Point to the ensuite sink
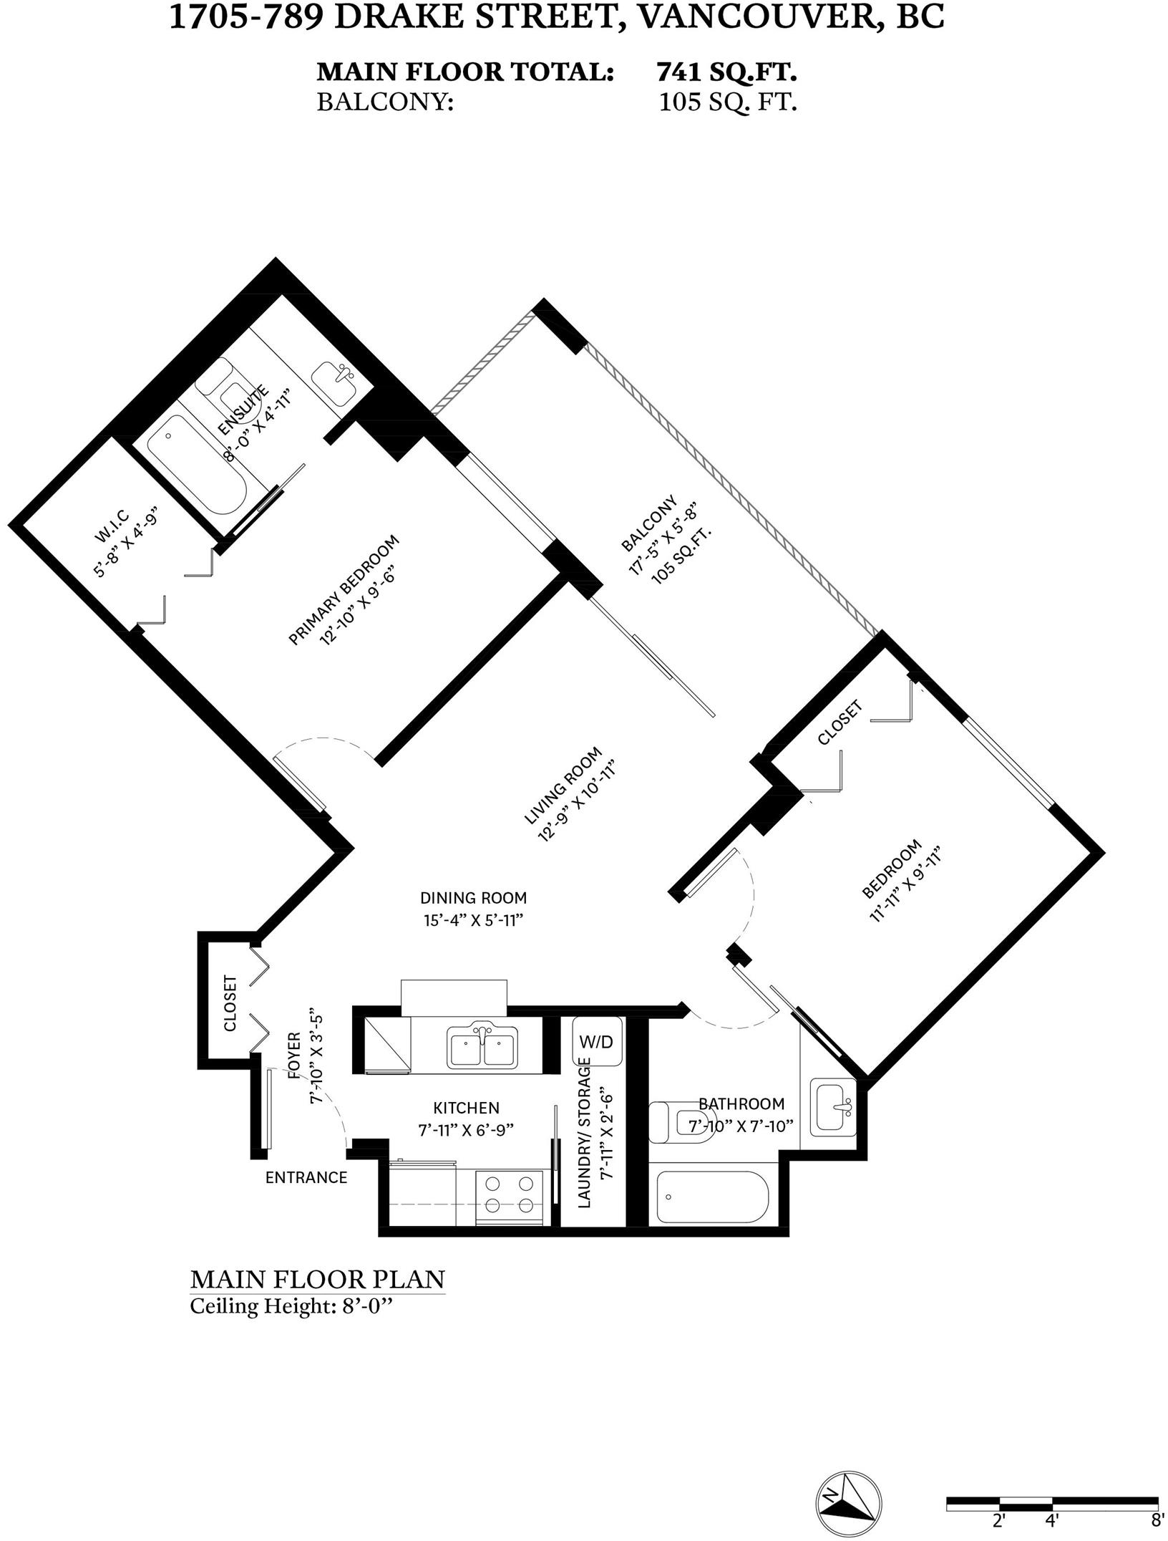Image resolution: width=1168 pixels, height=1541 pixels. [x=336, y=382]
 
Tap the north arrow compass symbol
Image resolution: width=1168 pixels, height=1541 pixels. [x=849, y=1502]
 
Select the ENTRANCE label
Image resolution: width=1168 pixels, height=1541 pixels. [x=306, y=1177]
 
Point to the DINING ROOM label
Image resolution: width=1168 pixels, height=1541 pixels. [x=473, y=897]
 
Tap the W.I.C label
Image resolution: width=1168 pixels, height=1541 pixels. [x=111, y=525]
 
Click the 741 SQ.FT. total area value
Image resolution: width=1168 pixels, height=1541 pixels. [x=726, y=72]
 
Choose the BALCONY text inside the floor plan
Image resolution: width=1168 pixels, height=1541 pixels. [x=648, y=523]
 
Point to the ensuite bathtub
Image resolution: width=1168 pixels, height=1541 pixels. [x=197, y=468]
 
